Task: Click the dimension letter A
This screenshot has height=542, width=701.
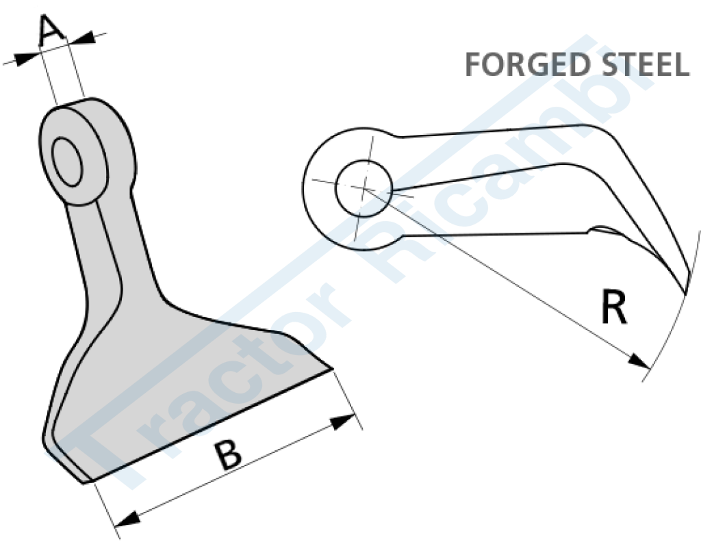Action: tap(52, 31)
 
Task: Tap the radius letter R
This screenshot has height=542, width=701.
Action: tap(613, 308)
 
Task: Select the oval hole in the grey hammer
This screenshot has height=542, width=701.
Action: tap(68, 162)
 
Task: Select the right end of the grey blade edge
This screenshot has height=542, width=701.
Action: tap(332, 370)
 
